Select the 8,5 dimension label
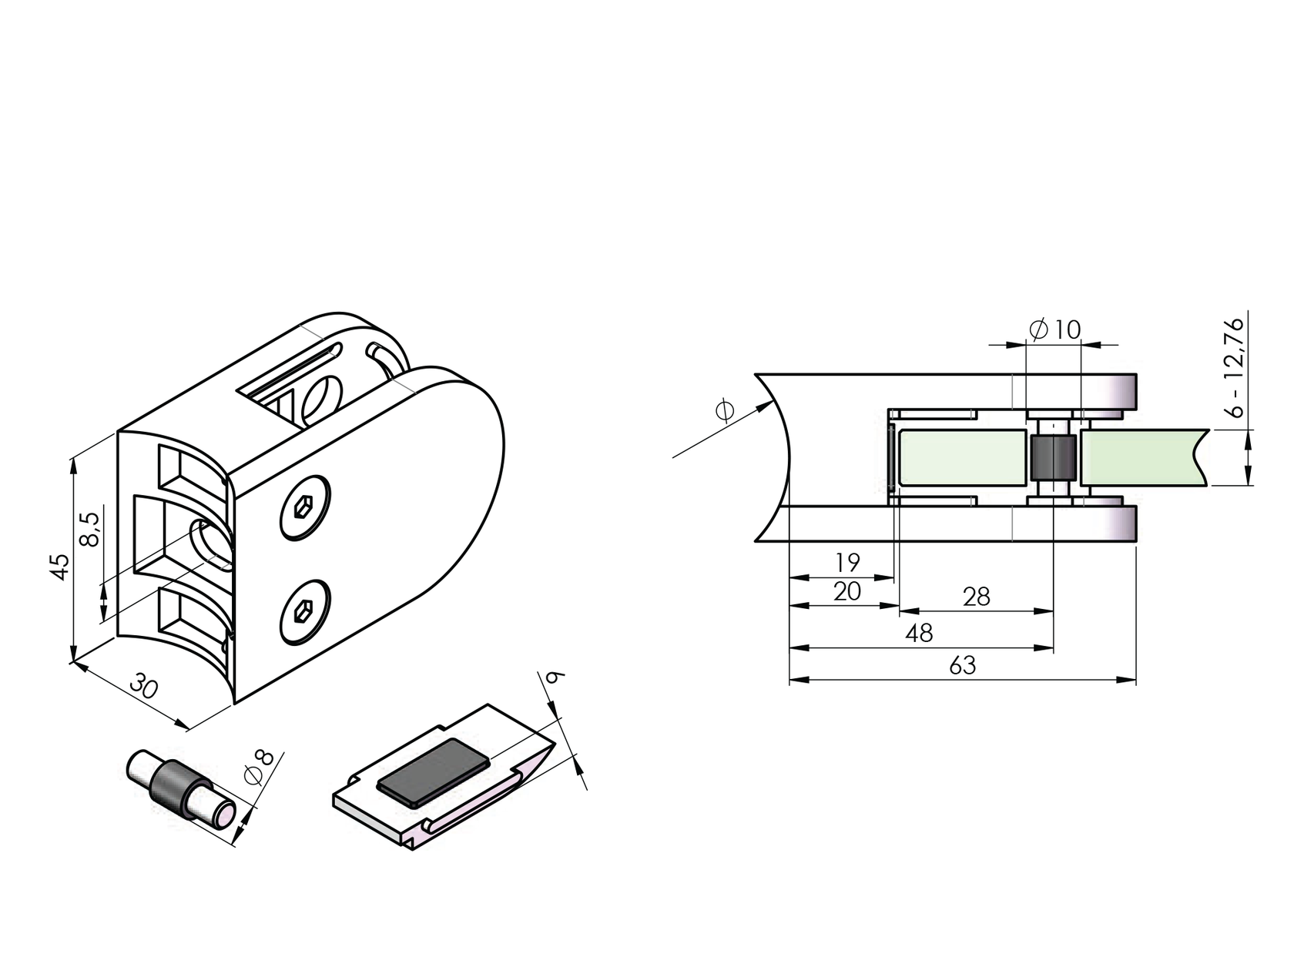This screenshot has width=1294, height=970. (90, 530)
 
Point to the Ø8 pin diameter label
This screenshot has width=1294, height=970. (259, 767)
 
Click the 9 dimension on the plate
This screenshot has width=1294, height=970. (554, 677)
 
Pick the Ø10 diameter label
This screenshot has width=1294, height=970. (1055, 330)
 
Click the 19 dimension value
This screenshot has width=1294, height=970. (846, 563)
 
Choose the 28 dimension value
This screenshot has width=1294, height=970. (976, 597)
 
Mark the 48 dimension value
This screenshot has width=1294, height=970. (919, 633)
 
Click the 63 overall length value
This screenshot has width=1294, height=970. (962, 665)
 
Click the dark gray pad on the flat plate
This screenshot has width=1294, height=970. (434, 772)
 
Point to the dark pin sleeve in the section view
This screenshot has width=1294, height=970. (1053, 458)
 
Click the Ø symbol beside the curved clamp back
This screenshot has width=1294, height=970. (724, 411)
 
